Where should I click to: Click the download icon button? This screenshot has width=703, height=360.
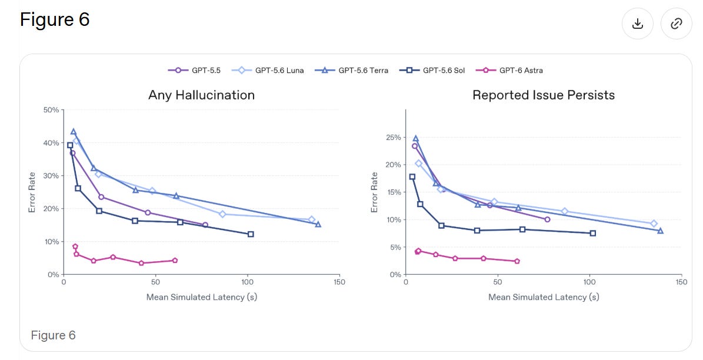pyautogui.click(x=637, y=24)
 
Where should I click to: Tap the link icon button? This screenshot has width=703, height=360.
pyautogui.click(x=676, y=24)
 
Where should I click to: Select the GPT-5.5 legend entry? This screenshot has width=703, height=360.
pyautogui.click(x=194, y=71)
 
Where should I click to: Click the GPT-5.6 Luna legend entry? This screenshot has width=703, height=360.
pyautogui.click(x=268, y=71)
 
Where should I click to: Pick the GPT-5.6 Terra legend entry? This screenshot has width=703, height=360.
pyautogui.click(x=352, y=71)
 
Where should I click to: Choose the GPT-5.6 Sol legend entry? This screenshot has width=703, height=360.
pyautogui.click(x=432, y=71)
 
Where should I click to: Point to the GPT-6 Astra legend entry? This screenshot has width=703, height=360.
pyautogui.click(x=509, y=71)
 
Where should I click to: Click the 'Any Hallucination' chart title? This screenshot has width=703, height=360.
pyautogui.click(x=201, y=95)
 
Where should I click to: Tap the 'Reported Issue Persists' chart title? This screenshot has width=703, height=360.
pyautogui.click(x=544, y=95)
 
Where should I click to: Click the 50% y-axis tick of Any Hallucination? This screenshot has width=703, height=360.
pyautogui.click(x=52, y=110)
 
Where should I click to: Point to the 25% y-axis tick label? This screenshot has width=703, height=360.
pyautogui.click(x=393, y=137)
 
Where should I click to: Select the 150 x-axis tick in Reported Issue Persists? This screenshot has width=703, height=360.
pyautogui.click(x=681, y=282)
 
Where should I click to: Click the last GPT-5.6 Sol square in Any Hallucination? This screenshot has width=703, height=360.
pyautogui.click(x=251, y=234)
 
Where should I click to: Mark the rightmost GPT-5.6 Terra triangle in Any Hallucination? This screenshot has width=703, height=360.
pyautogui.click(x=318, y=224)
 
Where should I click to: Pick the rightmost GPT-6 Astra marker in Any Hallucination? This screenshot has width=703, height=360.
pyautogui.click(x=175, y=261)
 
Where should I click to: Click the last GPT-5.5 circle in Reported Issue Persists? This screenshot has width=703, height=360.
pyautogui.click(x=547, y=219)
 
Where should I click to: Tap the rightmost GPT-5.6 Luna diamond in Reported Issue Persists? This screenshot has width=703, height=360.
pyautogui.click(x=654, y=224)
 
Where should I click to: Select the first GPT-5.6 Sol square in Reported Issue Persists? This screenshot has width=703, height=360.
pyautogui.click(x=412, y=176)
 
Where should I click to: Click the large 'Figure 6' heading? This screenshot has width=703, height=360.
pyautogui.click(x=55, y=20)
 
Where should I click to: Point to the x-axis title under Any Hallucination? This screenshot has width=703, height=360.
pyautogui.click(x=201, y=297)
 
